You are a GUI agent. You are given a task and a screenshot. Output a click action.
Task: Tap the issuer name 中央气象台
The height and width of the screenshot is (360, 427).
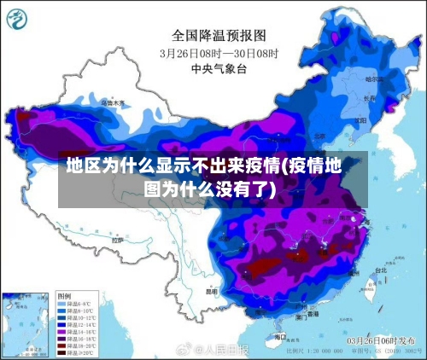pos(213,68)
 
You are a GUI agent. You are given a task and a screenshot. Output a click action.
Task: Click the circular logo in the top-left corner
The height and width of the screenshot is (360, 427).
pos(20,19)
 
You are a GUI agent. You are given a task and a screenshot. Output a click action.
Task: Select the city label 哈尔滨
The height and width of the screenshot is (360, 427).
pos(374,78)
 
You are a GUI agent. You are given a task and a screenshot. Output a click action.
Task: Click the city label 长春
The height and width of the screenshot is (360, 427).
pos(369,97)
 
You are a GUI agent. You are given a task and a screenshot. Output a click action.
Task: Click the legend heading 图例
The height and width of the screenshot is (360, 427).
pos(63,294)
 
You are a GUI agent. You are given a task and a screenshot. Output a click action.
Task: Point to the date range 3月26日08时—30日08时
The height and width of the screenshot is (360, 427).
pos(219,53)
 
